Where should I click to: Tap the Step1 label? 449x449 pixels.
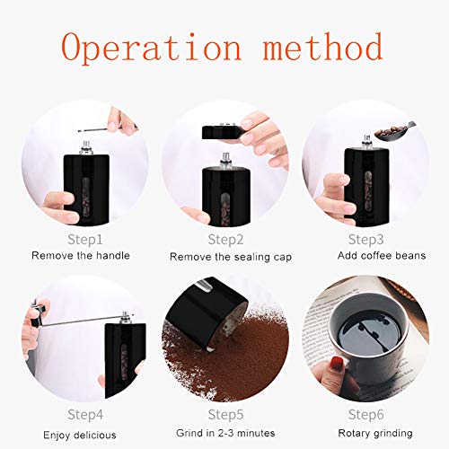tap(84, 240)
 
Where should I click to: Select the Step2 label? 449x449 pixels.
tap(225, 240)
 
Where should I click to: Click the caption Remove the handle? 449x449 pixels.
tap(81, 256)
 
